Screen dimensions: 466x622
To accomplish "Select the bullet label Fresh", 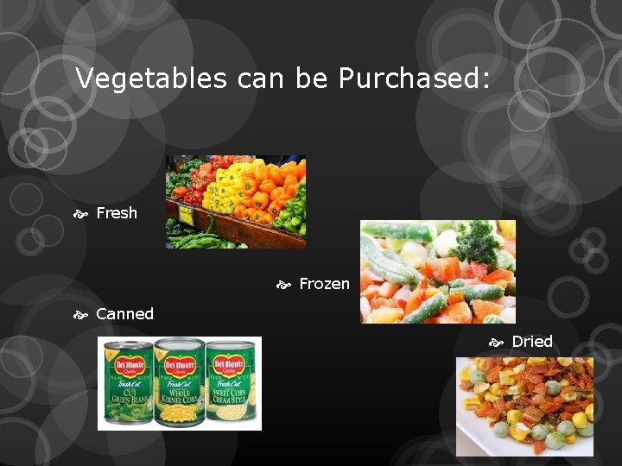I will tap(117, 212).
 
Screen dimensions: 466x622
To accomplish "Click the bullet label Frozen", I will tap(324, 284).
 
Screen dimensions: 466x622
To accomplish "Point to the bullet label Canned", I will tap(124, 314).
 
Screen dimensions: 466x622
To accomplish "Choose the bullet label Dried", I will tap(532, 341).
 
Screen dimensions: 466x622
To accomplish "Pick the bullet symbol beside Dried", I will tap(496, 342).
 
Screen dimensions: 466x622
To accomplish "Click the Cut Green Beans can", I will tap(128, 383).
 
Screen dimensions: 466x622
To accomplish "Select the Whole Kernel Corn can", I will tap(179, 383).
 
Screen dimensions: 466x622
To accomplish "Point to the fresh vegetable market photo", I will tap(235, 202).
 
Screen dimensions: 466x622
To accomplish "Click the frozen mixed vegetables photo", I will tap(437, 271).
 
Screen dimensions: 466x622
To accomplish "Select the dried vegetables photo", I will tap(524, 406).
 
